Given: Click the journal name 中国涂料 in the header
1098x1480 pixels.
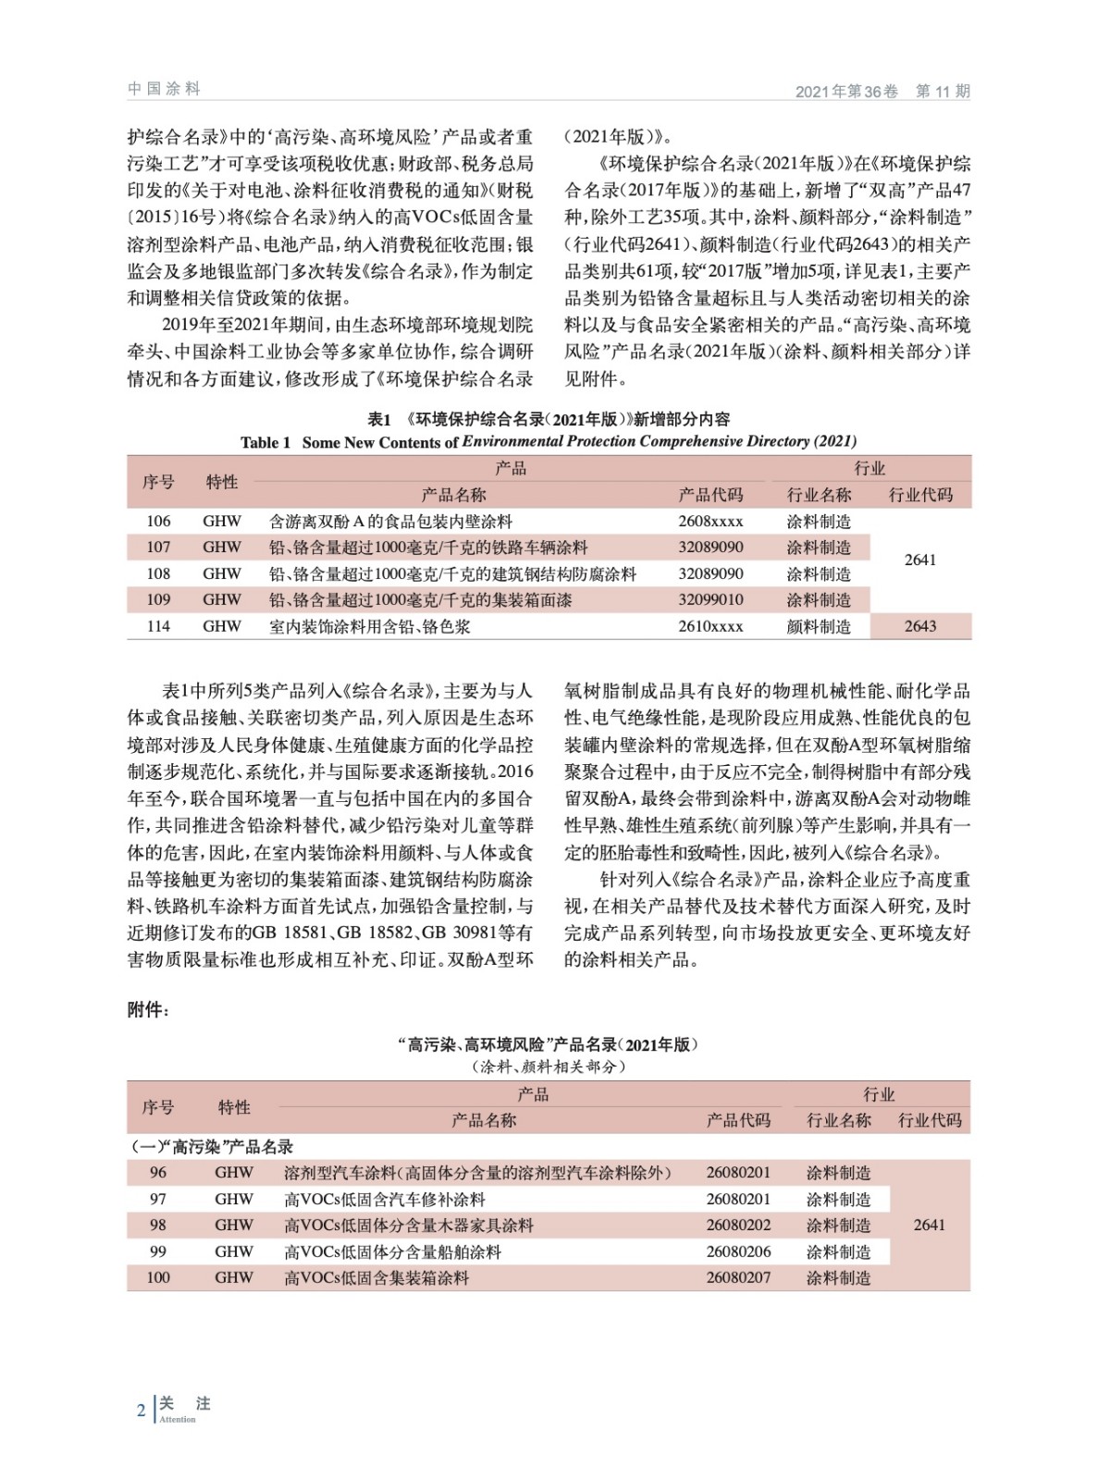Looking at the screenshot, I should pyautogui.click(x=164, y=89).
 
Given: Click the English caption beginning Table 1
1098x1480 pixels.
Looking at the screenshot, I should pyautogui.click(x=549, y=441).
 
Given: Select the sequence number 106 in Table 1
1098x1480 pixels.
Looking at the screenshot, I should pyautogui.click(x=158, y=522).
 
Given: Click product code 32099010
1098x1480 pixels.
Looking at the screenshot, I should pyautogui.click(x=710, y=599).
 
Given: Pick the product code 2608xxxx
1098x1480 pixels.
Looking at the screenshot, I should pyautogui.click(x=710, y=522).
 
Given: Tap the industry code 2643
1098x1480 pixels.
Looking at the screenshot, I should pyautogui.click(x=919, y=626).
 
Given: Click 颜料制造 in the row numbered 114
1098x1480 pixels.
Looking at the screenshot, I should pyautogui.click(x=819, y=626).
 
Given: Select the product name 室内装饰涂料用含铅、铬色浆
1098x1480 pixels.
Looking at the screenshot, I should pyautogui.click(x=369, y=626).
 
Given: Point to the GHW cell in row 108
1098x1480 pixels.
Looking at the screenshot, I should pyautogui.click(x=222, y=573).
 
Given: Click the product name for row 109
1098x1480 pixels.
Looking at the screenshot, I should pyautogui.click(x=420, y=599).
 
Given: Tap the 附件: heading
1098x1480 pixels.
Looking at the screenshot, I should pyautogui.click(x=148, y=1010).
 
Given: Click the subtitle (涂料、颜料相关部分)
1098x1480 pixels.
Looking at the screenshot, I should pyautogui.click(x=549, y=1067).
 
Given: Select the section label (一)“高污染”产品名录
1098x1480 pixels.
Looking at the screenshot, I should pyautogui.click(x=212, y=1146).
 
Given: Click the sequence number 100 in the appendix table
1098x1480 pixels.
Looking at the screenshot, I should pyautogui.click(x=158, y=1277).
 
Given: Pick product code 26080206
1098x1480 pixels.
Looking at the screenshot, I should pyautogui.click(x=738, y=1252).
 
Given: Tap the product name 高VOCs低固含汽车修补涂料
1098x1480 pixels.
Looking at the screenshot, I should pyautogui.click(x=385, y=1199).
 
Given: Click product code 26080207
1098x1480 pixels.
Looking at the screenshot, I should pyautogui.click(x=738, y=1277).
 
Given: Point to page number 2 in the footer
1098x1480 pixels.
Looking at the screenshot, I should pyautogui.click(x=141, y=1411).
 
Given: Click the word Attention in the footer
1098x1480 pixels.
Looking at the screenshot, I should pyautogui.click(x=178, y=1420).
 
